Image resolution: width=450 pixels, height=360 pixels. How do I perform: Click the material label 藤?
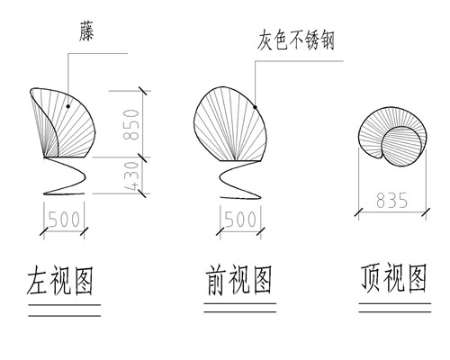coord(86,31)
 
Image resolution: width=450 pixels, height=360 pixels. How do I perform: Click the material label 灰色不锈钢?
coord(295,40)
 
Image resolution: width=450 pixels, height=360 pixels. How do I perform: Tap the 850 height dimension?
coord(131,124)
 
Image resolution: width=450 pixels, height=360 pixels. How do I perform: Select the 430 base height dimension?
coord(131,176)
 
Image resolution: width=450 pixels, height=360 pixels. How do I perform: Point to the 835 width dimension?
coord(392,201)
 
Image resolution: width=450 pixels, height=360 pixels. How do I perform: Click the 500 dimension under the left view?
coord(64,219)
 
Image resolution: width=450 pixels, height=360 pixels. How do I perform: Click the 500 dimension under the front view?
coord(240,219)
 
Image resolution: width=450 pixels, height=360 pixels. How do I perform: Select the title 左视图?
coord(59,280)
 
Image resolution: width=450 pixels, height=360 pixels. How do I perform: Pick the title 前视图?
coord(239,280)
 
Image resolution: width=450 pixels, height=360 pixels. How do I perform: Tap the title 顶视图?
coord(393,278)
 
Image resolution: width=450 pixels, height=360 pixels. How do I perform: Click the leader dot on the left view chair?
coord(68,106)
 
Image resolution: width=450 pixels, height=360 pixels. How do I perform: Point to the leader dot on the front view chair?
coord(255,107)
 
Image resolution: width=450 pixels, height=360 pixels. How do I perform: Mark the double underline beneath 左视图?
coord(64,310)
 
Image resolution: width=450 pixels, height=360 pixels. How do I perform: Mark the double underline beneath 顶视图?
coord(395,308)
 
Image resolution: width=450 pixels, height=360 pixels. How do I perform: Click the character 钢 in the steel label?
coord(327,40)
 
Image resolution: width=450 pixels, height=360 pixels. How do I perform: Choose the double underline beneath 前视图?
coord(240,308)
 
